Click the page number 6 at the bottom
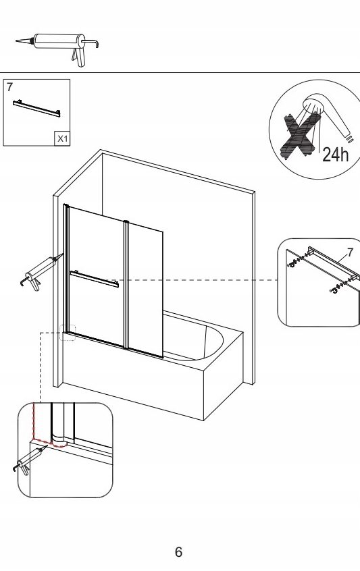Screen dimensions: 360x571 click(x=178, y=551)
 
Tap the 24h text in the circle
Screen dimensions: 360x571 click(x=336, y=155)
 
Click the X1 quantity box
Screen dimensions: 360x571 click(x=62, y=138)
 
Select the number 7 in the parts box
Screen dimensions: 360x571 click(x=9, y=87)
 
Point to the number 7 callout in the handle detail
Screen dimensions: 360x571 click(x=350, y=252)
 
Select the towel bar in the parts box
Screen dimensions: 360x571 click(x=36, y=109)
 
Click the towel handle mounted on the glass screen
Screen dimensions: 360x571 click(x=95, y=279)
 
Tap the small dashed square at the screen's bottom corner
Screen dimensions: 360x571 click(x=68, y=333)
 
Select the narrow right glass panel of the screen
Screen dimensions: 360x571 click(x=145, y=290)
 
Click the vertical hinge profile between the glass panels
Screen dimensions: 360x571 click(x=126, y=285)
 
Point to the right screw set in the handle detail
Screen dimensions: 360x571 click(x=340, y=288)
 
